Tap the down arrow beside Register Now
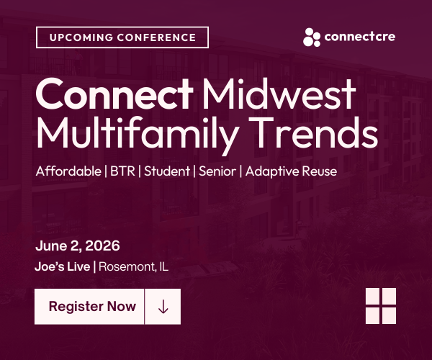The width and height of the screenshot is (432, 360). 163,307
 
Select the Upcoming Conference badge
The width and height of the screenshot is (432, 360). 122,37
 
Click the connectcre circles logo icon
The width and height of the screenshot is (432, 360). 312,37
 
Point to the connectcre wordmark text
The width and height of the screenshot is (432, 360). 360,37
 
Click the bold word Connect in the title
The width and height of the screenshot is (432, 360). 114,94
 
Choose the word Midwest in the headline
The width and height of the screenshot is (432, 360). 279,94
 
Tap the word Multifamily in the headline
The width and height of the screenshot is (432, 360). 138,134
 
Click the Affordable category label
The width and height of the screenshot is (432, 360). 68,171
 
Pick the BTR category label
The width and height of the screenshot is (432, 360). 123,171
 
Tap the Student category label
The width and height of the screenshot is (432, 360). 167,171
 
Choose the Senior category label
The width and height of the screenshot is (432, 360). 217,171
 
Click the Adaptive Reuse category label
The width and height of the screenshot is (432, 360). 291,172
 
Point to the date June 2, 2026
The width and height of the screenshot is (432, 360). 78,246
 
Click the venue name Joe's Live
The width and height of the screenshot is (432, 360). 63,266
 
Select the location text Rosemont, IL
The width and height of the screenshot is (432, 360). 134,266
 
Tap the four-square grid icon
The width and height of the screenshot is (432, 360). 381,306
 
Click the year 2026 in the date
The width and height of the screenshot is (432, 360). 102,246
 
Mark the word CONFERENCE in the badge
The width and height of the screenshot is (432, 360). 156,37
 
